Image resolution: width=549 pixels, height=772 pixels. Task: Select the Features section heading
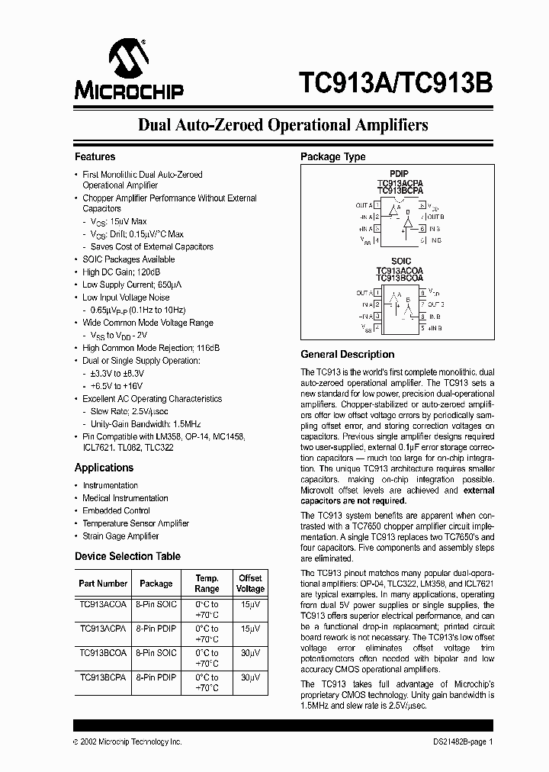(x=95, y=156)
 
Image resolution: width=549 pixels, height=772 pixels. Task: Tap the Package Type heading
(x=332, y=156)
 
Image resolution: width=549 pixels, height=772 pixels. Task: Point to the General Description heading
(x=347, y=354)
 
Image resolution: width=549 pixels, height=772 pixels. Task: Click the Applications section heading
(x=104, y=468)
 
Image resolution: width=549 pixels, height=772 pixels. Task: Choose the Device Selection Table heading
(x=127, y=556)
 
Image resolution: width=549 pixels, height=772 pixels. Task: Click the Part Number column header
(x=103, y=584)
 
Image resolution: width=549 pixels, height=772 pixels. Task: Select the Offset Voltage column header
(x=250, y=584)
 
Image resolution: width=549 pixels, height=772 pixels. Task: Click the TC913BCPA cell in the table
(x=103, y=677)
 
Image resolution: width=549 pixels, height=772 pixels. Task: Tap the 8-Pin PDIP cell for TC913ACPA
(x=156, y=629)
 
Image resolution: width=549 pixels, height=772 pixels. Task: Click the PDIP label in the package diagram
(x=400, y=173)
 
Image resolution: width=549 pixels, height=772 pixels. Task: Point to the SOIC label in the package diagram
(x=400, y=261)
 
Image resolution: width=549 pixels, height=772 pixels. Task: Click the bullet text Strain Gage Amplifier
(x=120, y=536)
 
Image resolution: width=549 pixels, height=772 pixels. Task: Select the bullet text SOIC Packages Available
(x=128, y=259)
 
